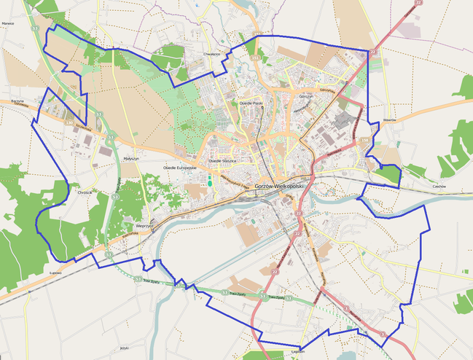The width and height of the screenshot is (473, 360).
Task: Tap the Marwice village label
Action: pos(8,24)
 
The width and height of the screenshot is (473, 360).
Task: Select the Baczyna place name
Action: pos(18,100)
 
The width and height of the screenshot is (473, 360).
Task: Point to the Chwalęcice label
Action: pos(212,52)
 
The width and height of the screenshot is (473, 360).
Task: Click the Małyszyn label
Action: pos(131,158)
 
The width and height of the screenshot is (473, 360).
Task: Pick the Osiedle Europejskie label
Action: pos(179,168)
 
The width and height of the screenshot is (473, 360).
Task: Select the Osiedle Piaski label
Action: pos(251,103)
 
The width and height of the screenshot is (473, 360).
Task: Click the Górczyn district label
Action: pos(305,95)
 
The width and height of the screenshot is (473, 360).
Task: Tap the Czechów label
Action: pos(439,186)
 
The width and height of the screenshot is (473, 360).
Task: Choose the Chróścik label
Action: pos(85,192)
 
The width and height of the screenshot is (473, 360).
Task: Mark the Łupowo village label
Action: pos(55,273)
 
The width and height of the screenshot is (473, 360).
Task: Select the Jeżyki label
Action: pos(123,348)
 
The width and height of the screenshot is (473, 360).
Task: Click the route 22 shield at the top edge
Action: pos(418,4)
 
